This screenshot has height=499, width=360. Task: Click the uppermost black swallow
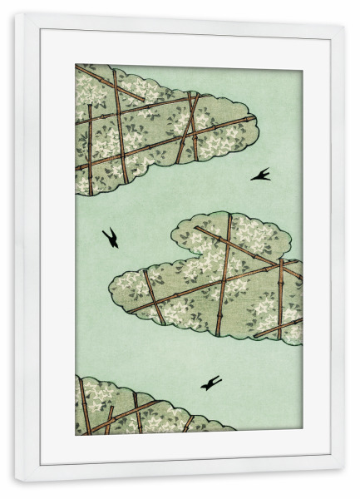coord(260,175)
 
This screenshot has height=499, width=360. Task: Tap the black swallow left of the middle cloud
coord(110,237)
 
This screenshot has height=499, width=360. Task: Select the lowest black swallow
coord(211,383)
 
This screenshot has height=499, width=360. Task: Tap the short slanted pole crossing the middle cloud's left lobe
coord(152,295)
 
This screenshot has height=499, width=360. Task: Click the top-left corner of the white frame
coord(16,16)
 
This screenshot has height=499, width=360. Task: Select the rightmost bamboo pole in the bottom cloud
coord(188,423)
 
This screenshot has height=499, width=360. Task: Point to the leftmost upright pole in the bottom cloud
coord(84,408)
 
